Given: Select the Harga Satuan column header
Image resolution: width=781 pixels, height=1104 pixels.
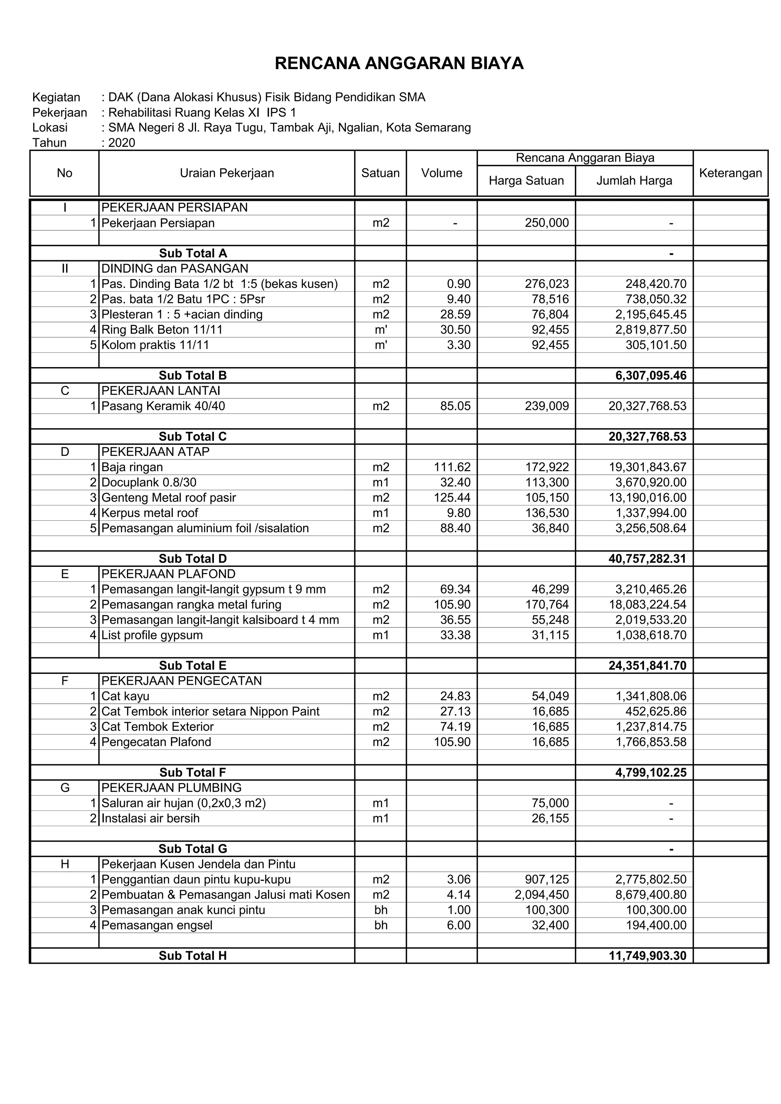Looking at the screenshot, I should coord(526,181).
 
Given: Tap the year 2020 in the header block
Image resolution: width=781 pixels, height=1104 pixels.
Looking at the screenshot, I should coord(122,143).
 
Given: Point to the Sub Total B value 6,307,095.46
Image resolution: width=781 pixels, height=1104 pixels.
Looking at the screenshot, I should coord(651,375).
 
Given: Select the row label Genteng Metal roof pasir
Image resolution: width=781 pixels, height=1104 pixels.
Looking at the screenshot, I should coord(169,497).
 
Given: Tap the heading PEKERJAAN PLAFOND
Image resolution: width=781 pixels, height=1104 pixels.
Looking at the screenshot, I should coord(168,574).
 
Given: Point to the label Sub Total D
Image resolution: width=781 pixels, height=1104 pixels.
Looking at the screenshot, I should coord(193,559).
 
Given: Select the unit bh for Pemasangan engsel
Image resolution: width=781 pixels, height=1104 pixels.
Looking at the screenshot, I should coord(381,925).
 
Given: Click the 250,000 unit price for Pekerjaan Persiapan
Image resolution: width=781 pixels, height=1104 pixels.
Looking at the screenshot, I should coord(547,223).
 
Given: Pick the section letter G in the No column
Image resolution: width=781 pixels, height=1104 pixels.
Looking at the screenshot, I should coord(65,788).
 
